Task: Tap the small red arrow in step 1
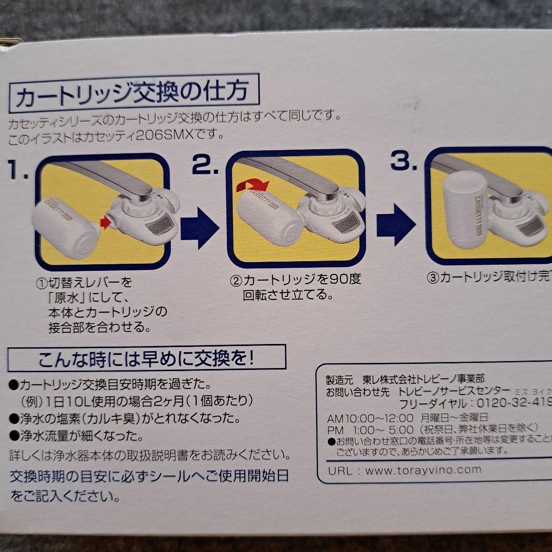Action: (105, 223)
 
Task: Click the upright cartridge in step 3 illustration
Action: (465, 210)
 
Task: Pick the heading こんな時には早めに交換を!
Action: (147, 358)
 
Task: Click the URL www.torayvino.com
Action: (423, 470)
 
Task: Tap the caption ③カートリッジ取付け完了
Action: (488, 278)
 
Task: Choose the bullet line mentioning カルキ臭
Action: (125, 419)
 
